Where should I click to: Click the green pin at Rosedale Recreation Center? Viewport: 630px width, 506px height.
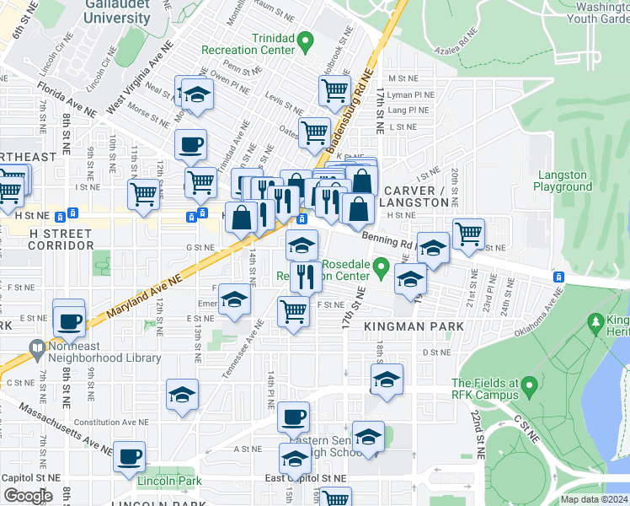pyautogui.click(x=381, y=269)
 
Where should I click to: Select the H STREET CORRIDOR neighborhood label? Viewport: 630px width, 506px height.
pyautogui.click(x=61, y=239)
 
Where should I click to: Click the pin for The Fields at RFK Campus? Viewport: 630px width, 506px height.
pyautogui.click(x=529, y=386)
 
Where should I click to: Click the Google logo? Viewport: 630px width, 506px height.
pyautogui.click(x=27, y=495)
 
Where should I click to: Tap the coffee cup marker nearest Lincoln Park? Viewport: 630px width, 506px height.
pyautogui.click(x=129, y=457)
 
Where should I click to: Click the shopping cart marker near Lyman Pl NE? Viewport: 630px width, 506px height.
pyautogui.click(x=334, y=89)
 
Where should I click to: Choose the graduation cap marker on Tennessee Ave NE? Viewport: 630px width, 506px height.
pyautogui.click(x=235, y=299)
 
